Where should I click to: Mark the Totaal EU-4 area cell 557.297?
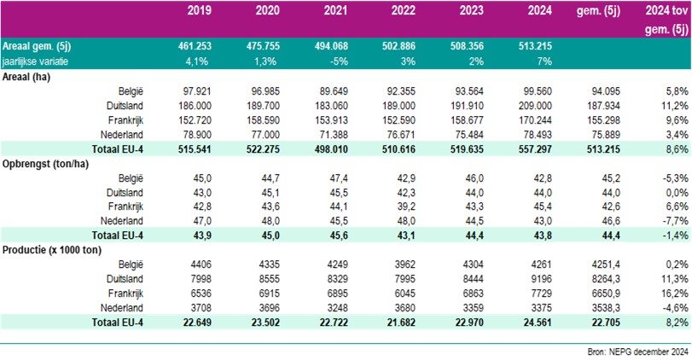click(x=530, y=148)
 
